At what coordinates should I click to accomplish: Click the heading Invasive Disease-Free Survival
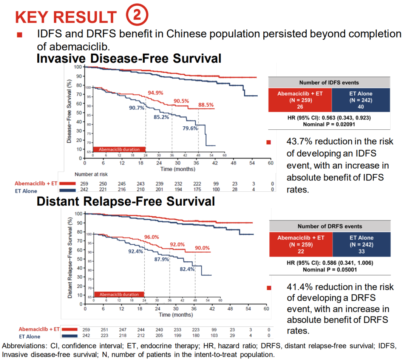pyautogui.click(x=129, y=59)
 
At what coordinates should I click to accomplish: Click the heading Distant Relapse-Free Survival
pyautogui.click(x=125, y=201)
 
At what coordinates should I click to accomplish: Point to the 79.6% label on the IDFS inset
pyautogui.click(x=190, y=128)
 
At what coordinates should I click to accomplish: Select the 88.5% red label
pyautogui.click(x=206, y=105)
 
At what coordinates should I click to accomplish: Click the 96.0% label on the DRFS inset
pyautogui.click(x=151, y=237)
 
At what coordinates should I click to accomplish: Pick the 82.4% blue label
pyautogui.click(x=187, y=269)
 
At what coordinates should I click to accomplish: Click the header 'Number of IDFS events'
pyautogui.click(x=329, y=82)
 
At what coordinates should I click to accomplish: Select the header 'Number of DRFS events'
pyautogui.click(x=330, y=226)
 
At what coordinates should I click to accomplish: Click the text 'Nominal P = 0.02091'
pyautogui.click(x=329, y=124)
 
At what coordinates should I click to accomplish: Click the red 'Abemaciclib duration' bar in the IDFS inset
pyautogui.click(x=119, y=149)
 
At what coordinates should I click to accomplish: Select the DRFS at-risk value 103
pyautogui.click(x=215, y=335)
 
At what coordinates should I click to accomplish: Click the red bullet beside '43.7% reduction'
pyautogui.click(x=269, y=142)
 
